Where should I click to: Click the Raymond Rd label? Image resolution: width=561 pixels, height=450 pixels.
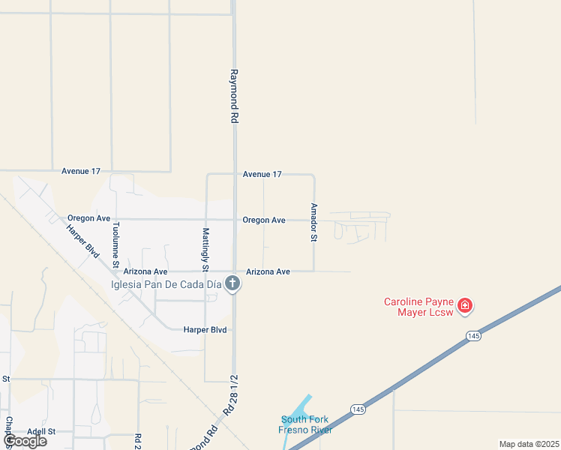point(234,97)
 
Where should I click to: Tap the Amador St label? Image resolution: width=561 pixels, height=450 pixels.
point(314,222)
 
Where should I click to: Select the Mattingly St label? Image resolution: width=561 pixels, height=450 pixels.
point(205,249)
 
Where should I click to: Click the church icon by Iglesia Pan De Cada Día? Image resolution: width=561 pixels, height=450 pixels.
point(232,283)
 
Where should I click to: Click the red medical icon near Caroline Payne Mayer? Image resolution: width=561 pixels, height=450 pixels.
point(465,305)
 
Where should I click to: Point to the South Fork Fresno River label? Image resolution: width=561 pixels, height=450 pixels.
point(305,424)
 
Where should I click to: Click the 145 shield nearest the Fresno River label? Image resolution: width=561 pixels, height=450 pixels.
point(358,408)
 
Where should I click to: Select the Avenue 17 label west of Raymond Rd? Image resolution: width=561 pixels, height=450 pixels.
point(81,171)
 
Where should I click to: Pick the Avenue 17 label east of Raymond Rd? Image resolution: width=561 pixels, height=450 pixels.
point(262,174)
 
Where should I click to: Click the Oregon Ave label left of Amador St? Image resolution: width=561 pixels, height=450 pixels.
point(263,220)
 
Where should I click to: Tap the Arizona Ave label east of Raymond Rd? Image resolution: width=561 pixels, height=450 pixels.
point(268,271)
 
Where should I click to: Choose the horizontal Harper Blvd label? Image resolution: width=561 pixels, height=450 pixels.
point(205,329)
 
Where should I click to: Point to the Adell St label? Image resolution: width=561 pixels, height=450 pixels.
point(42,431)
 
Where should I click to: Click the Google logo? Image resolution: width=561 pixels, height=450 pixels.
point(25,441)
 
